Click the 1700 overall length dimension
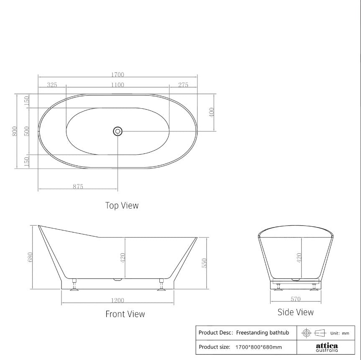coord(118,75)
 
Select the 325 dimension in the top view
coord(52,85)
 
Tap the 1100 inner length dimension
coord(118,85)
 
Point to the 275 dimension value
coord(183,85)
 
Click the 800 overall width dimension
coord(15,131)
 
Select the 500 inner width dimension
coord(27,131)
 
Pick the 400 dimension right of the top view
coord(212,112)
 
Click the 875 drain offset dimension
coord(78,186)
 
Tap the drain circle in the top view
coord(118,131)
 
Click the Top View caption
coord(122,205)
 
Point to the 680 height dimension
coord(30,257)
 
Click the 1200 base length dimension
coord(118,300)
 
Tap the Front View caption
coord(125,314)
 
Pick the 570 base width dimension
coord(295,299)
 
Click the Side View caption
coord(295,312)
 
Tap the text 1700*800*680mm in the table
coord(259,347)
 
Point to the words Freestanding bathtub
coord(262,333)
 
